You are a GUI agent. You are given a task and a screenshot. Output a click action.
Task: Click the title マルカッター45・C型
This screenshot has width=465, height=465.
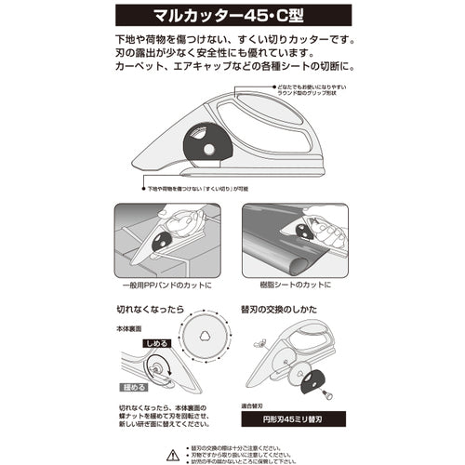click(232, 18)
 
